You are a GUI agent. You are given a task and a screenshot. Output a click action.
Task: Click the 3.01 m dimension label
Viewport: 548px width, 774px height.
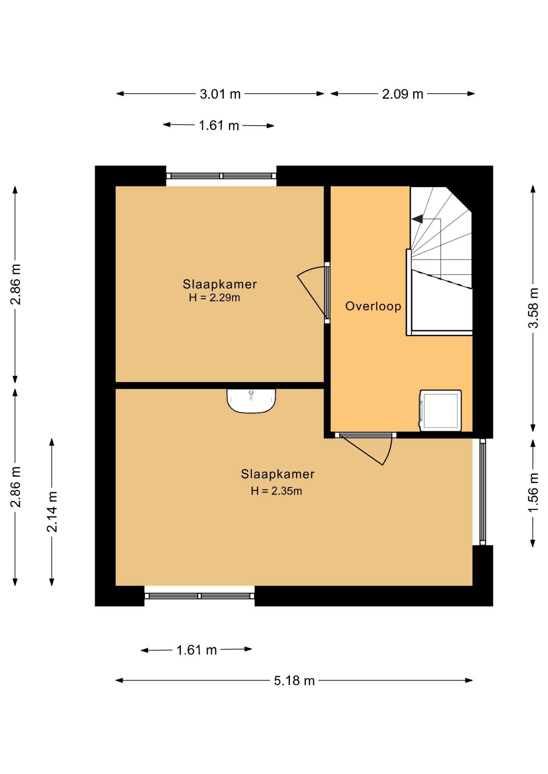220,94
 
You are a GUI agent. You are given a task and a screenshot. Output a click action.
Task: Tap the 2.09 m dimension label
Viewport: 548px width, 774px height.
403,94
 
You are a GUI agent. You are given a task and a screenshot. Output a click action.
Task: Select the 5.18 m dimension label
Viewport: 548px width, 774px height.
294,680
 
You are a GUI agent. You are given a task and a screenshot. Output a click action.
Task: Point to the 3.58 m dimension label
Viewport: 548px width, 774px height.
533,308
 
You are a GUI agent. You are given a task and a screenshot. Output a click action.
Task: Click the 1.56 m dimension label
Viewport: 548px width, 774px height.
533,492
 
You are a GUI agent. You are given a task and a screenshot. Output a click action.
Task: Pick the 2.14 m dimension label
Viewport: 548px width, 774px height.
52,512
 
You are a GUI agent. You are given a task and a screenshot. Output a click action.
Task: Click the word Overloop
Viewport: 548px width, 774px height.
373,306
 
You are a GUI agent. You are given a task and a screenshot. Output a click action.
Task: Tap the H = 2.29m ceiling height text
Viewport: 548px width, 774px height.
215,298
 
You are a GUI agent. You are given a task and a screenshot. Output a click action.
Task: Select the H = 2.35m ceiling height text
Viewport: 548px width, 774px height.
276,491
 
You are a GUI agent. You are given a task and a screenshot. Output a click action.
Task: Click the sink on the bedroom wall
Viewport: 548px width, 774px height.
251,401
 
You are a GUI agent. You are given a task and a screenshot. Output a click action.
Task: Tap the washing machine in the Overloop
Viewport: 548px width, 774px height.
441,410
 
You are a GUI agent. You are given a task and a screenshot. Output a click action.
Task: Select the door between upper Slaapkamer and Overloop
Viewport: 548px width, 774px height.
314,292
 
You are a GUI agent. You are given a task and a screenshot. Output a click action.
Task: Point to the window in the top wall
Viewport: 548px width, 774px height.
222,176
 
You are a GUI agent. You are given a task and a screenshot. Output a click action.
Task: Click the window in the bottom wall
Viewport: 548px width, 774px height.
199,596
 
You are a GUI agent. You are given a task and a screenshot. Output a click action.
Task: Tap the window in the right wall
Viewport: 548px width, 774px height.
483,492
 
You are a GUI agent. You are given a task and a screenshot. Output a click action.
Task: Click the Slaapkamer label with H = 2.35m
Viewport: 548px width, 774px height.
278,474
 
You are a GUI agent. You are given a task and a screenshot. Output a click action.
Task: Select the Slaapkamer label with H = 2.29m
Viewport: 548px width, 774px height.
220,284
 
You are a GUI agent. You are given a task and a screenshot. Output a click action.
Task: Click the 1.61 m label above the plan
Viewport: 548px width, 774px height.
219,126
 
